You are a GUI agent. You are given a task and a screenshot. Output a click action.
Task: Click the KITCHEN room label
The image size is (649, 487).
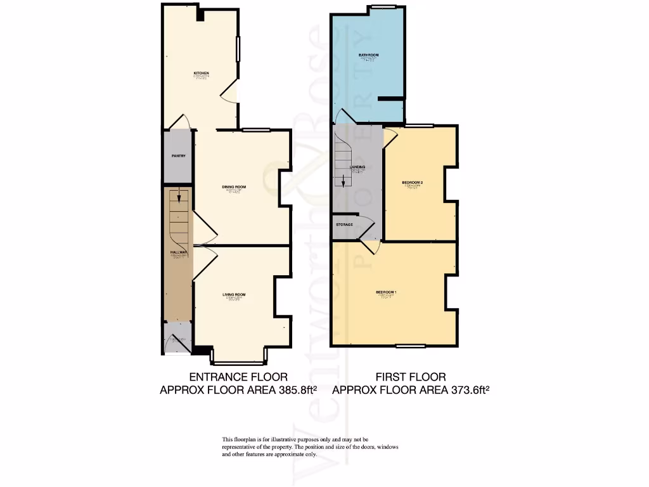[201, 74]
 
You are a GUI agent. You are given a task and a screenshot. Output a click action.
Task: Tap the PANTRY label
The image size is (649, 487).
[178, 156]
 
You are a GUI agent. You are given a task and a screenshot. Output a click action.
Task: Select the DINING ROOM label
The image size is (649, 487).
[234, 187]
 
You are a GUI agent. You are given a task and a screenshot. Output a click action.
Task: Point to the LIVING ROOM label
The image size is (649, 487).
[234, 295]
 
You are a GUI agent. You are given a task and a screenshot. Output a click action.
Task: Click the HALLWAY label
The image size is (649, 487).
[177, 252]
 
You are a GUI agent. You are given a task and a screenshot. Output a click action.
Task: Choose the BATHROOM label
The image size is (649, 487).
[368, 56]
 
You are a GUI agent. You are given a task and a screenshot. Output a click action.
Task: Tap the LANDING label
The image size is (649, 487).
[357, 167]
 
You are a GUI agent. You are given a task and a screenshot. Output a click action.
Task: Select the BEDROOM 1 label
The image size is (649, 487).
[387, 292]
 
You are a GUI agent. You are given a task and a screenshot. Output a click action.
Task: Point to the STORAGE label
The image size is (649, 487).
[345, 224]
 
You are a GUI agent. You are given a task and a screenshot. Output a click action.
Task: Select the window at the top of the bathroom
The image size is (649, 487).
[383, 7]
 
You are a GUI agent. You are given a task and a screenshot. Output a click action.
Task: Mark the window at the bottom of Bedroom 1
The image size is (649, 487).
[411, 346]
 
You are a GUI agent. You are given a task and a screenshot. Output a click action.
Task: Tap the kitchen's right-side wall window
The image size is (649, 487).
[238, 49]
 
